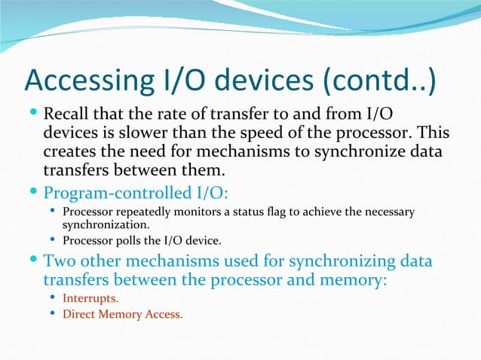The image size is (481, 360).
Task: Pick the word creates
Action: click(69, 151)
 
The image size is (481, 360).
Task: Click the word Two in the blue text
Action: click(60, 262)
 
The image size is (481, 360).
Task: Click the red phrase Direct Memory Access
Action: click(122, 314)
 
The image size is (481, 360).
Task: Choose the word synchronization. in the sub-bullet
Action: click(106, 224)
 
